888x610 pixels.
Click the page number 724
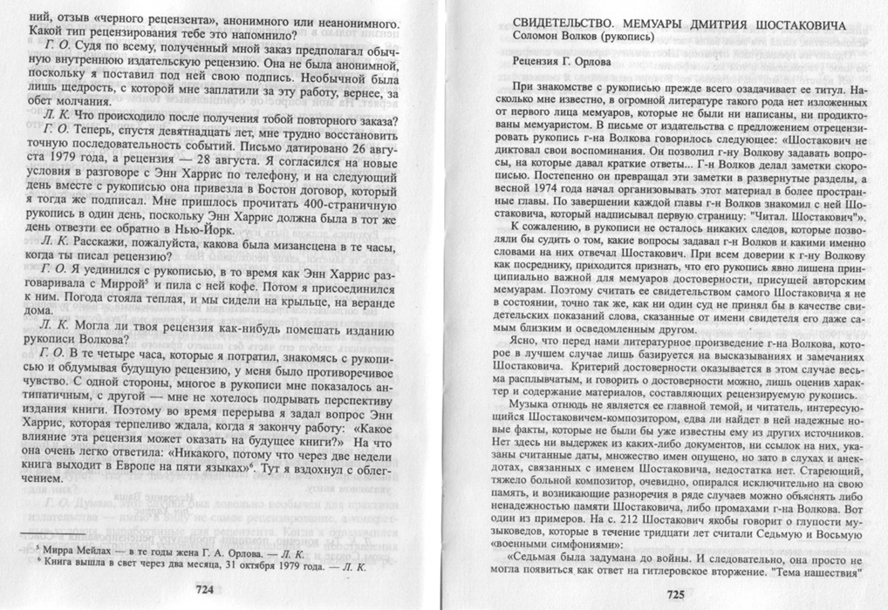click(x=204, y=590)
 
